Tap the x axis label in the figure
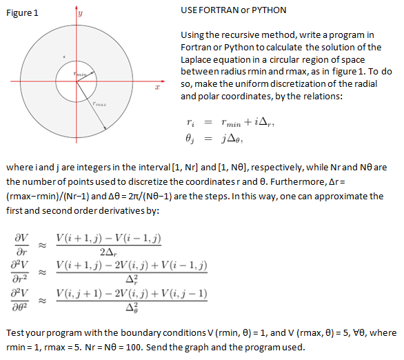[x=157, y=88]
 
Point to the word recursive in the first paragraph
[x=243, y=34]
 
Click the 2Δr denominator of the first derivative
[x=111, y=251]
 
